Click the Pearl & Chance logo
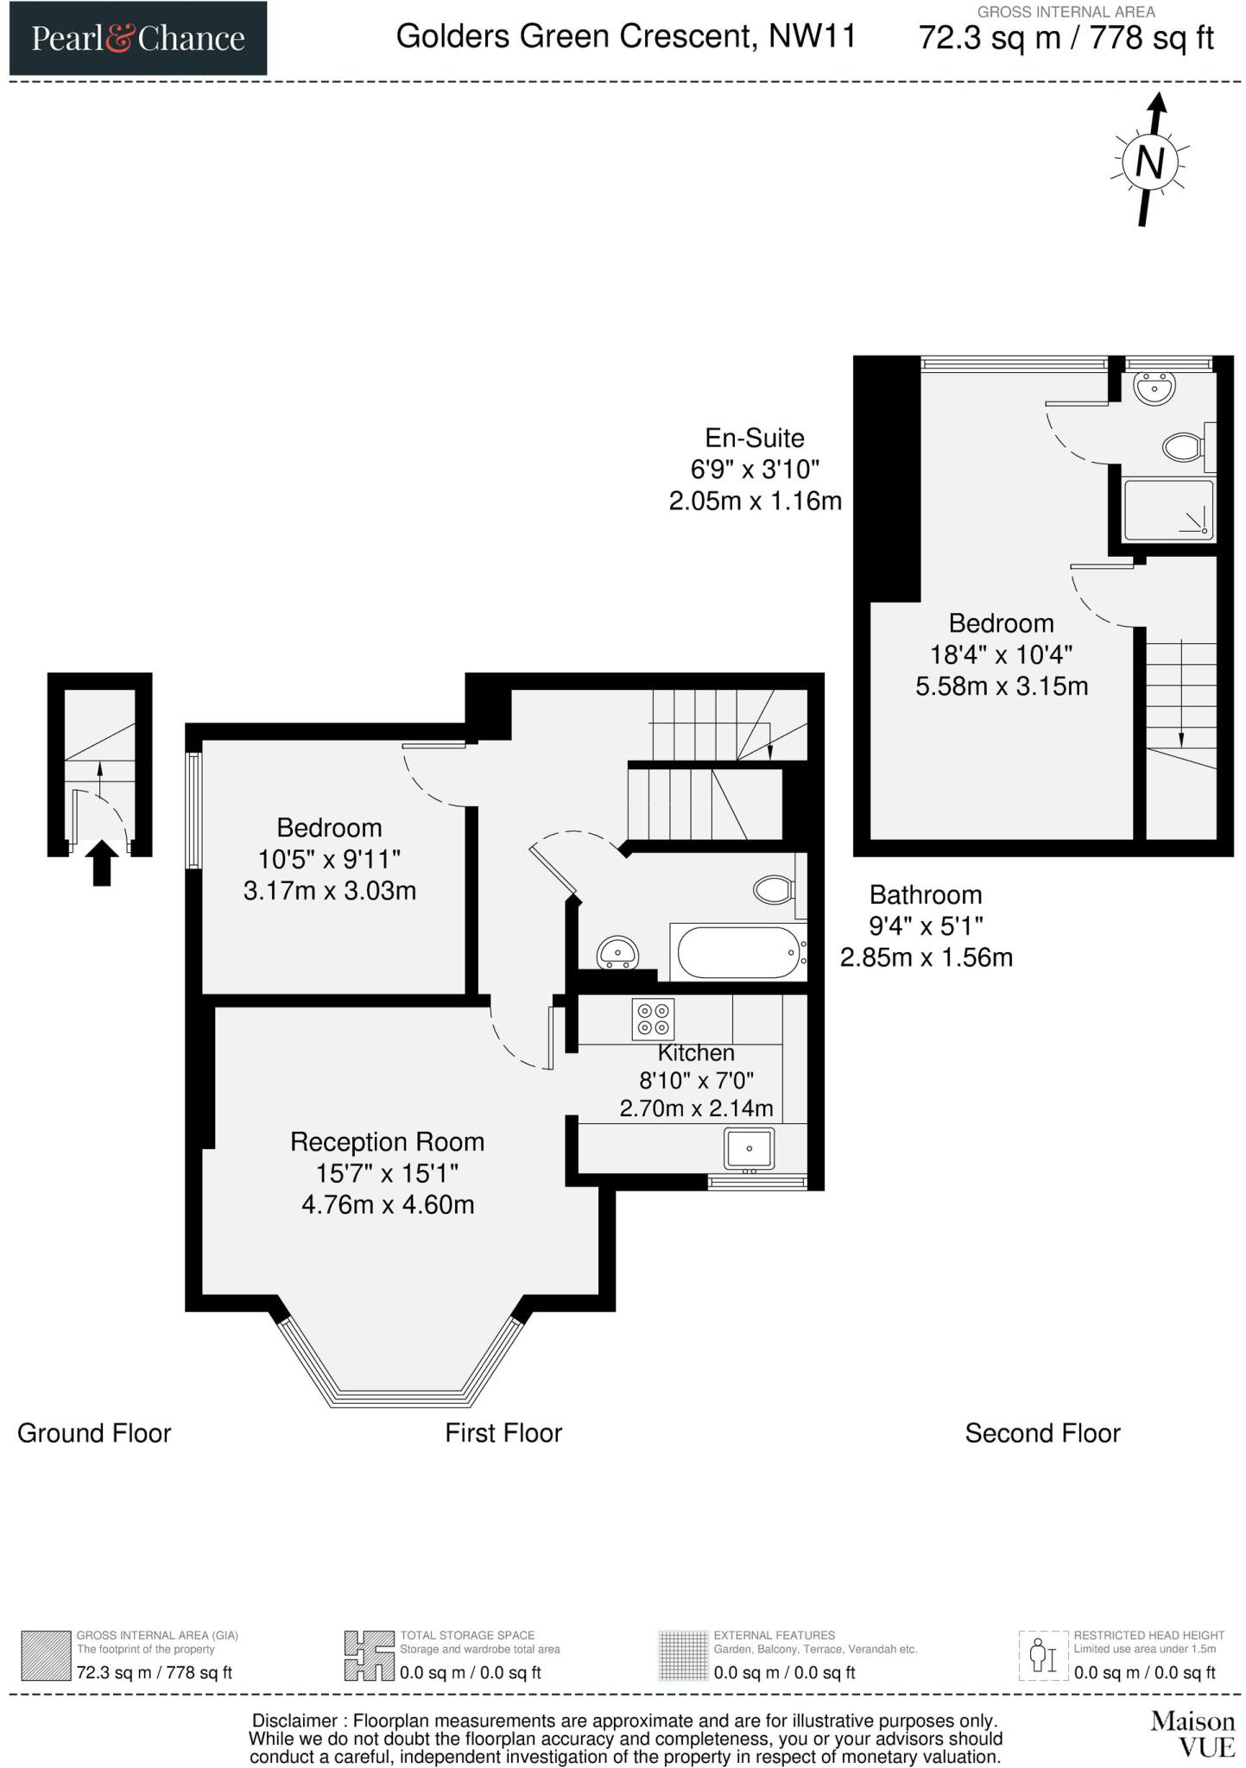[x=138, y=39]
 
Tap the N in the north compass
[x=1149, y=162]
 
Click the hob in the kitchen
[x=653, y=1018]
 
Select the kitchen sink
[x=749, y=1148]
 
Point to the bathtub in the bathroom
[x=739, y=952]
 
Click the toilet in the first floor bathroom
[x=773, y=889]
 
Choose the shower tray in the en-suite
[x=1167, y=509]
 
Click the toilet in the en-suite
[x=1183, y=447]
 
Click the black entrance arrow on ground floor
[x=102, y=862]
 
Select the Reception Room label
[x=387, y=1141]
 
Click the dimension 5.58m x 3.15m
[x=1001, y=686]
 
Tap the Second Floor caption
[x=1042, y=1433]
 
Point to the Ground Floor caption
[x=94, y=1433]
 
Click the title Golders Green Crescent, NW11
[x=626, y=36]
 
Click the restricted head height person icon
[x=1044, y=1656]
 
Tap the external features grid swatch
[x=682, y=1656]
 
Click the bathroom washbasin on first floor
[x=618, y=953]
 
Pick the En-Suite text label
[x=754, y=438]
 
